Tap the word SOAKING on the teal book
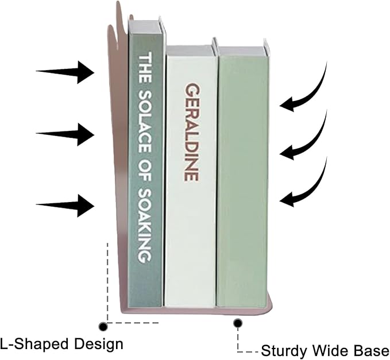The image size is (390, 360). pos(145,226)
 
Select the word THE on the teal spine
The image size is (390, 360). pos(145,67)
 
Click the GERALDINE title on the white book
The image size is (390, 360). pos(192,132)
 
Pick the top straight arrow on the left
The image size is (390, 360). pos(65,72)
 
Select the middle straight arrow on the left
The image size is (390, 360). pos(65,134)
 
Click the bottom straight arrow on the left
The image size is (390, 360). pos(65,206)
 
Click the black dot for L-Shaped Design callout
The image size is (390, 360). pos(103,326)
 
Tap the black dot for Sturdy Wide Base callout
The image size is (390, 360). pos(238,323)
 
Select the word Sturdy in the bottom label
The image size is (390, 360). pos(284,351)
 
